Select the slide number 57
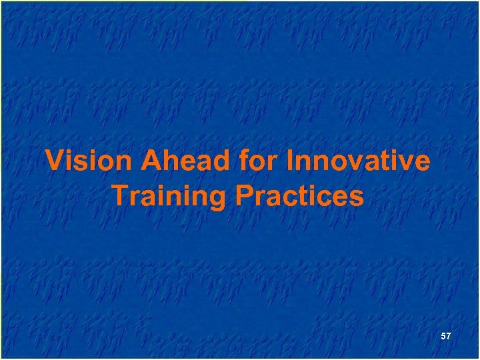(x=446, y=337)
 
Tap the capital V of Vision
(x=54, y=162)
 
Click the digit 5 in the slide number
(x=443, y=337)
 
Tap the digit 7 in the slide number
(x=449, y=337)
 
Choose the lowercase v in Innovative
(x=347, y=163)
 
